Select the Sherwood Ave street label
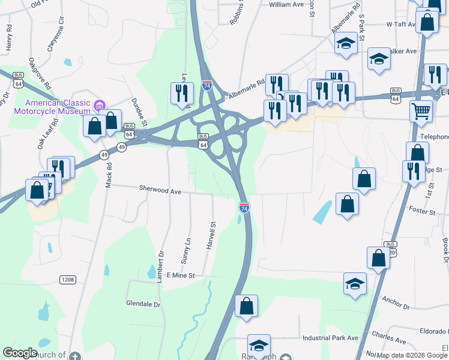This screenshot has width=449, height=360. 160,190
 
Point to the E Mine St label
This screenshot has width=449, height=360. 181,275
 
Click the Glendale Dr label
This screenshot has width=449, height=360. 143,304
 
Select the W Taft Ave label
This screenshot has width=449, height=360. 402,25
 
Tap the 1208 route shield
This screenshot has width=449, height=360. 67,279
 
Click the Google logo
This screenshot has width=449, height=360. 20,353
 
